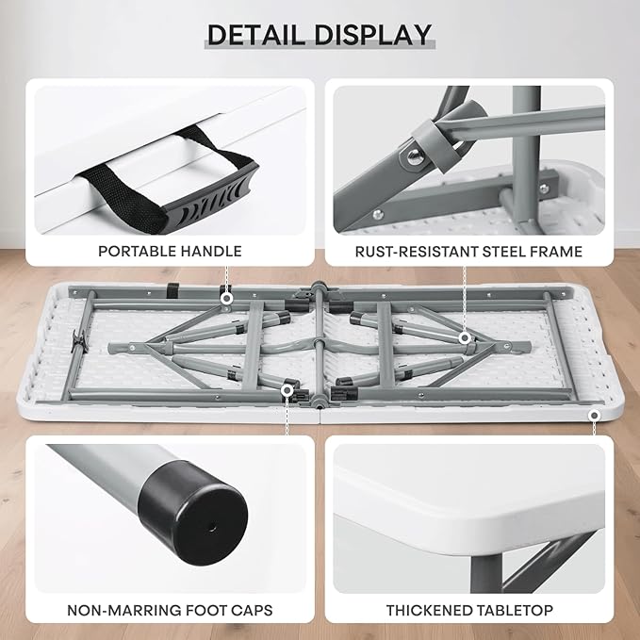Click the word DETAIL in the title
coord(256,35)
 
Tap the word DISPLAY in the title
coord(372,35)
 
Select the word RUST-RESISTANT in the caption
coord(417,252)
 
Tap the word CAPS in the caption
coord(252,610)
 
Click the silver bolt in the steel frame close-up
coord(415,156)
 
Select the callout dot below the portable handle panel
coord(226,299)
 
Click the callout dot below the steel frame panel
coord(464,338)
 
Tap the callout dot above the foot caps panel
coord(287,390)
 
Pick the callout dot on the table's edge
coord(594,416)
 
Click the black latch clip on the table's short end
coord(79,341)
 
